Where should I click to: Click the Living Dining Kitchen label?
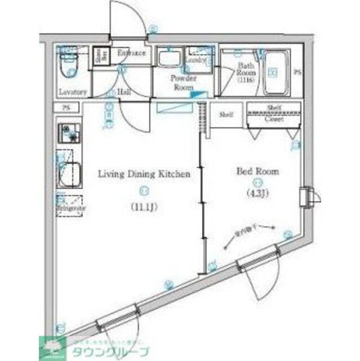(x=144, y=174)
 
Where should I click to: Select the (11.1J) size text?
(x=144, y=206)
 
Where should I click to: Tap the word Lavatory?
(x=73, y=92)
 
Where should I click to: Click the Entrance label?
(x=131, y=53)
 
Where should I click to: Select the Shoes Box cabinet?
(x=100, y=58)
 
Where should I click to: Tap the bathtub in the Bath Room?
(x=275, y=73)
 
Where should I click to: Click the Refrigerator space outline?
(x=69, y=205)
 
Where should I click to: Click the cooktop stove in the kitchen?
(x=69, y=134)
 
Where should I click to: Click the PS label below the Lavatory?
(x=66, y=108)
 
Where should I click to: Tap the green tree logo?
(x=49, y=347)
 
